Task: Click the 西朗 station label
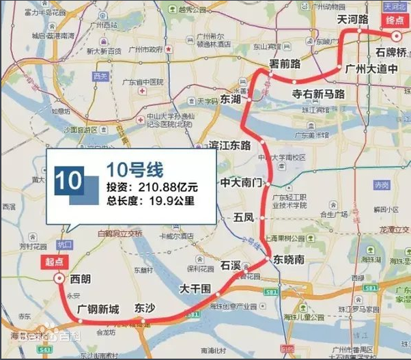pos(81,279)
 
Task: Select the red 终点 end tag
pos(395,20)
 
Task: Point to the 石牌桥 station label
pos(391,53)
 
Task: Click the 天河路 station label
pos(353,21)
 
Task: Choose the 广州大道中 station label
pos(371,69)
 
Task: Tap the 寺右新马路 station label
pos(318,94)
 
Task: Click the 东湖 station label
pos(231,100)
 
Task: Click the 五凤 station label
pos(243,218)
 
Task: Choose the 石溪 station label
pos(231,264)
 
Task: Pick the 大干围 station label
pos(194,290)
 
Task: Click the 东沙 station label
pos(145,308)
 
